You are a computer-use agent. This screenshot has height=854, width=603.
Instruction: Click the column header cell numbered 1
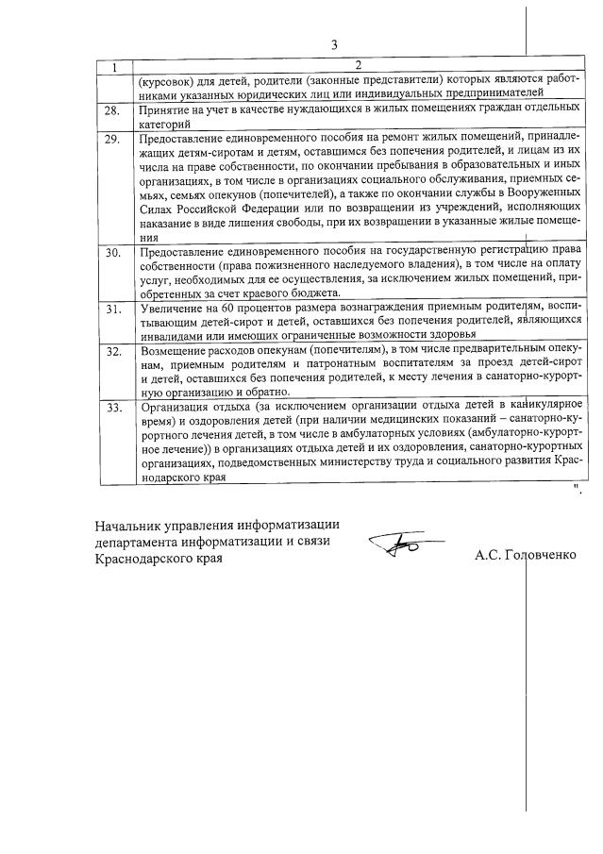pyautogui.click(x=114, y=66)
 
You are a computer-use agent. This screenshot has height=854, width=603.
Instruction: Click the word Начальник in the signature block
pyautogui.click(x=130, y=526)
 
